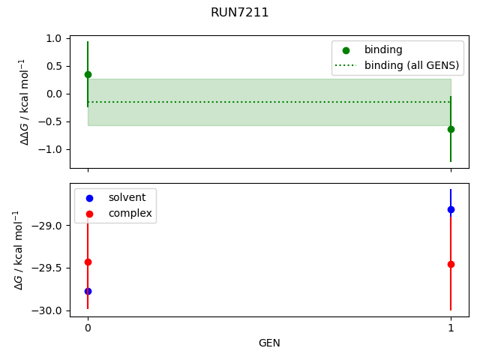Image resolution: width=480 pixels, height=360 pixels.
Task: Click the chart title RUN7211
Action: click(239, 12)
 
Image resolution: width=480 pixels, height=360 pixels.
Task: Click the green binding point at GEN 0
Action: click(88, 74)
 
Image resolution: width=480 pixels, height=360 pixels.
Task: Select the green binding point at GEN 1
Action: click(451, 129)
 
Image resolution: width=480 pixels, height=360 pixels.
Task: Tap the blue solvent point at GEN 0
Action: click(88, 291)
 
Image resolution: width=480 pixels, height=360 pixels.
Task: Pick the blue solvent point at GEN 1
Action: click(451, 209)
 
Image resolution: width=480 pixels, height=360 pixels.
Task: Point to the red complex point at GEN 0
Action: click(88, 262)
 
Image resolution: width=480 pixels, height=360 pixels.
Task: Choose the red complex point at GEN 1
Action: click(451, 264)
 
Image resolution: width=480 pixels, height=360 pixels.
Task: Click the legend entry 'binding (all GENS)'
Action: click(412, 65)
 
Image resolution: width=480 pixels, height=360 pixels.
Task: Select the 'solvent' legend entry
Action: click(127, 197)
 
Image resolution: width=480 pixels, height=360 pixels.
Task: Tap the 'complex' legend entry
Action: click(130, 214)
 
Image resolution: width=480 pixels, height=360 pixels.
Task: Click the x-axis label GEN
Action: click(269, 343)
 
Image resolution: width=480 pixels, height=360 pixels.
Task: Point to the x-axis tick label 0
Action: click(88, 328)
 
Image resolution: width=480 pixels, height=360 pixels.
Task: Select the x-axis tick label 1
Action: click(451, 328)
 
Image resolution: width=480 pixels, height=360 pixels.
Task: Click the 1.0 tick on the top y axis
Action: click(52, 38)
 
